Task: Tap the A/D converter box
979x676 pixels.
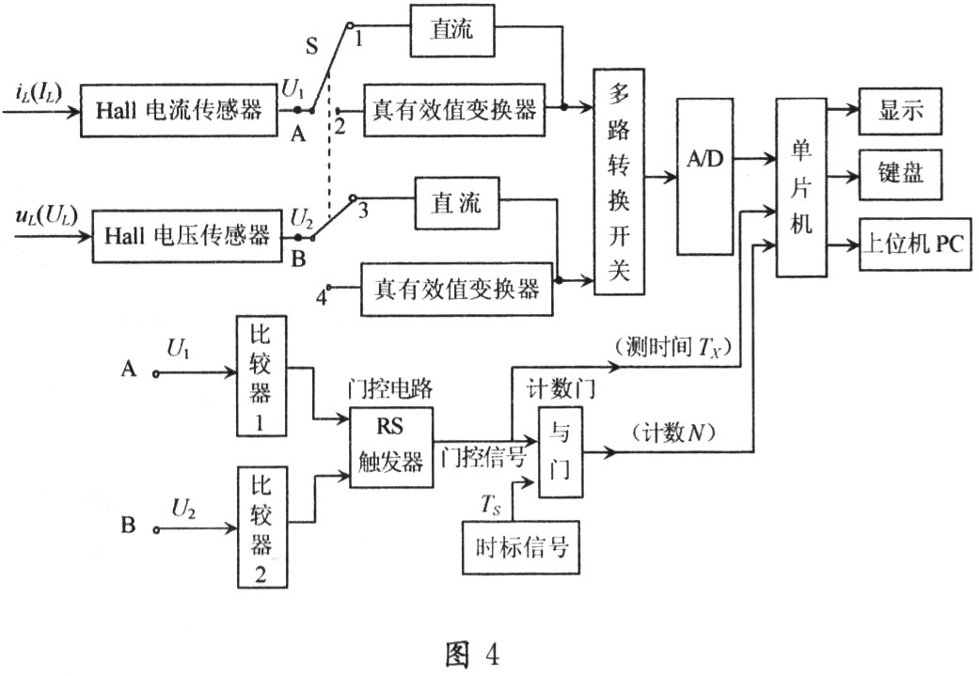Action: [703, 177]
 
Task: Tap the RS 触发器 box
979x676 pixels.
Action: [391, 448]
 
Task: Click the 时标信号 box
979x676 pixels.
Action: [518, 545]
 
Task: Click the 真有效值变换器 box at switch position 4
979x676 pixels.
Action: [456, 289]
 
